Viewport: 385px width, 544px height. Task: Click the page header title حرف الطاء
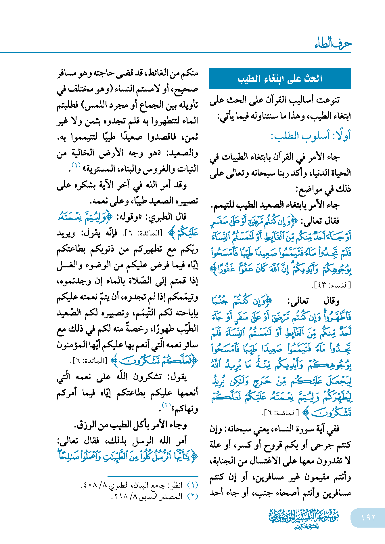(x=333, y=44)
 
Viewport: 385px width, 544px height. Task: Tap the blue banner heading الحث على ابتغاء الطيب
(x=280, y=79)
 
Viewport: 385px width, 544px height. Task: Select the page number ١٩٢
(x=368, y=518)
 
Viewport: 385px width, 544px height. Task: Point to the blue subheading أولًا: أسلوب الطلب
(x=311, y=136)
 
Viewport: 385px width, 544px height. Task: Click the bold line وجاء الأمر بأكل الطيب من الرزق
(x=131, y=425)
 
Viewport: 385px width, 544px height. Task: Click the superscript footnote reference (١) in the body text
(x=76, y=166)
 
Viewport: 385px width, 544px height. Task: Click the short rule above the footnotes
(x=153, y=476)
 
